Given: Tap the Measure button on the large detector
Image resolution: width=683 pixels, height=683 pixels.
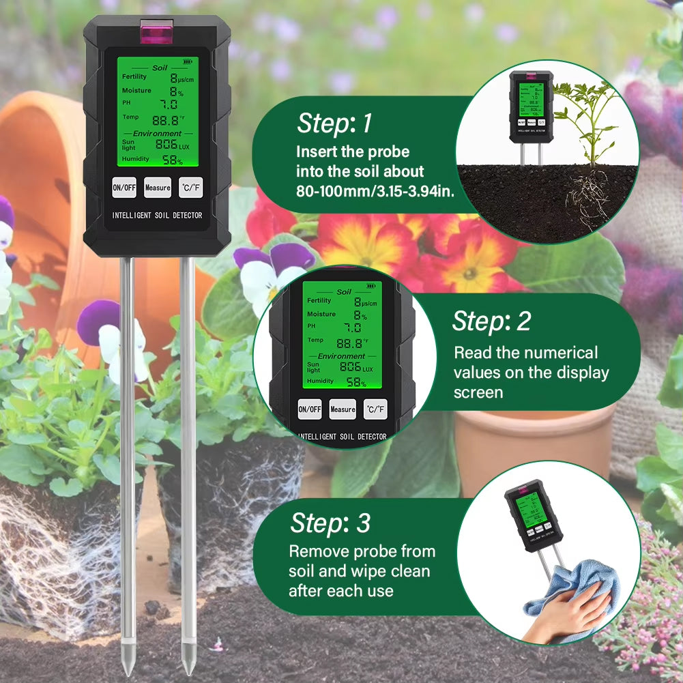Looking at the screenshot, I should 158,188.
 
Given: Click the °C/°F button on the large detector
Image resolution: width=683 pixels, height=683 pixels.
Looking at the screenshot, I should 190,188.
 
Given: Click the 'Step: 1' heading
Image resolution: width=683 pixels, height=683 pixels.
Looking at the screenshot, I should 334,123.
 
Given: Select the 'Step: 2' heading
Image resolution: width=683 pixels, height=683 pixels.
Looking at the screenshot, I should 491,321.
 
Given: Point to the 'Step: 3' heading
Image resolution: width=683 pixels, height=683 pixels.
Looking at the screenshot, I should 330,523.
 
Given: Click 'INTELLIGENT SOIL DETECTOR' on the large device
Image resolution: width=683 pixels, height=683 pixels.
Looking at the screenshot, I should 158,216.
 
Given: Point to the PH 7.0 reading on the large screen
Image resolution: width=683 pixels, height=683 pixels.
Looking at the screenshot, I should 169,104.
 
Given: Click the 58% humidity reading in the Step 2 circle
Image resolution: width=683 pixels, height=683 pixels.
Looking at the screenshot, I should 355,383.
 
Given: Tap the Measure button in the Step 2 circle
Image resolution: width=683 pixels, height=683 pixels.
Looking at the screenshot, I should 343,409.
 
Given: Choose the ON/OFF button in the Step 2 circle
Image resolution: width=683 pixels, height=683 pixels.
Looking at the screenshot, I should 309,409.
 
